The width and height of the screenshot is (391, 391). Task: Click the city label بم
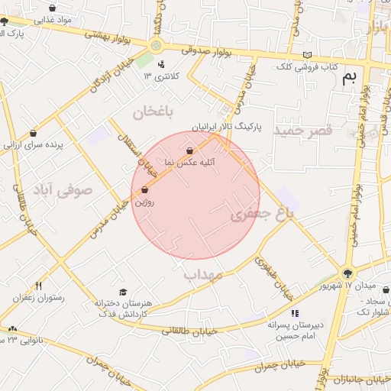(351, 77)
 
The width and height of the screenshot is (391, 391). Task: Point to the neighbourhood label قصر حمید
(304, 131)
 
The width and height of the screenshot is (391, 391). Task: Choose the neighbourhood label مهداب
(203, 273)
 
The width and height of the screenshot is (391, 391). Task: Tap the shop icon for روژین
(145, 189)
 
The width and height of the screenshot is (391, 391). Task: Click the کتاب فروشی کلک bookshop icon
(308, 55)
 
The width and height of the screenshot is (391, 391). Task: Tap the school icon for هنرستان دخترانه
(123, 292)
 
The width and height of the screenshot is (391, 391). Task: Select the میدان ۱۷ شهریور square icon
(348, 273)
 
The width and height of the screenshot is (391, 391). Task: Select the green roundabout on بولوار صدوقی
(156, 46)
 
